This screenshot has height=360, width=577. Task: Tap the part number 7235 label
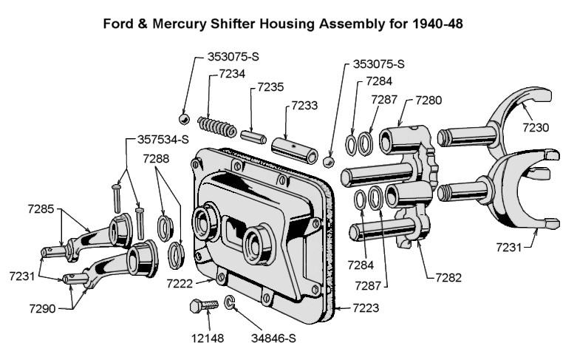270,87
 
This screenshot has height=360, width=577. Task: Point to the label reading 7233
304,106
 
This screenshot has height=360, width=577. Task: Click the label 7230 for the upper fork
536,127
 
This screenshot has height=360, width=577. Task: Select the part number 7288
157,159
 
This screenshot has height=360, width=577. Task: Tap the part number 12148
206,339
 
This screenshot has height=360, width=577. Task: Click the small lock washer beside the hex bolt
231,302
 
